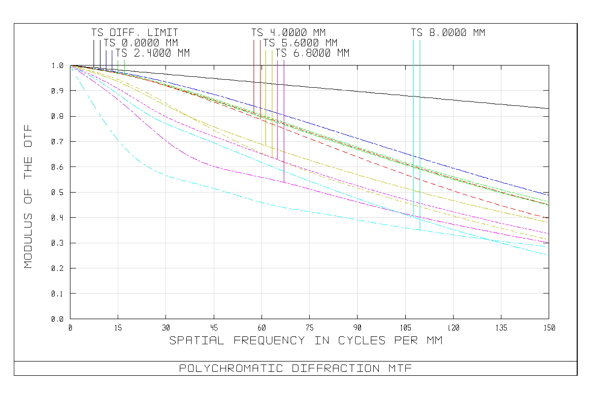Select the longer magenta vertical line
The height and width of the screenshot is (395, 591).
tap(284, 123)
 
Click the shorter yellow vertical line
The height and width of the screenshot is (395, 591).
tap(266, 99)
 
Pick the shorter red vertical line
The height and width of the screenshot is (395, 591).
tap(254, 74)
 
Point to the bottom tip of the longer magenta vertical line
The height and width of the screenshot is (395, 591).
tap(284, 183)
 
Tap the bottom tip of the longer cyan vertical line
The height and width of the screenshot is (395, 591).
tap(420, 230)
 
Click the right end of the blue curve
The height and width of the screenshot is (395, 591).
tap(549, 195)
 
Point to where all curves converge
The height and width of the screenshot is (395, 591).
tap(70, 66)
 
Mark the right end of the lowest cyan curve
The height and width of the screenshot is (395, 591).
tap(548, 255)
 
